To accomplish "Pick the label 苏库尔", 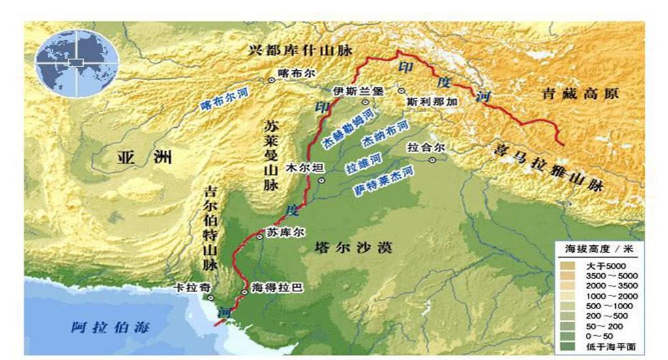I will tap(286, 232).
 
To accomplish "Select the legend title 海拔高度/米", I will tap(598, 250).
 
